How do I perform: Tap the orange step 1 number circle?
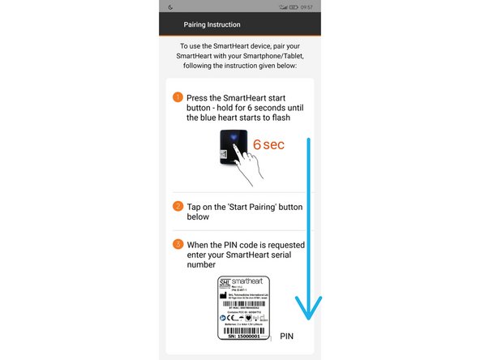tap(178, 97)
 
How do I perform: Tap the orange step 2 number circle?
tap(178, 206)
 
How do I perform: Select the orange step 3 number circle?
tap(178, 243)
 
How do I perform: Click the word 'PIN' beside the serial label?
tap(289, 335)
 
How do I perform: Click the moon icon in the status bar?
tap(170, 6)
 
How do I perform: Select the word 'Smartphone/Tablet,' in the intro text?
tap(261, 56)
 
